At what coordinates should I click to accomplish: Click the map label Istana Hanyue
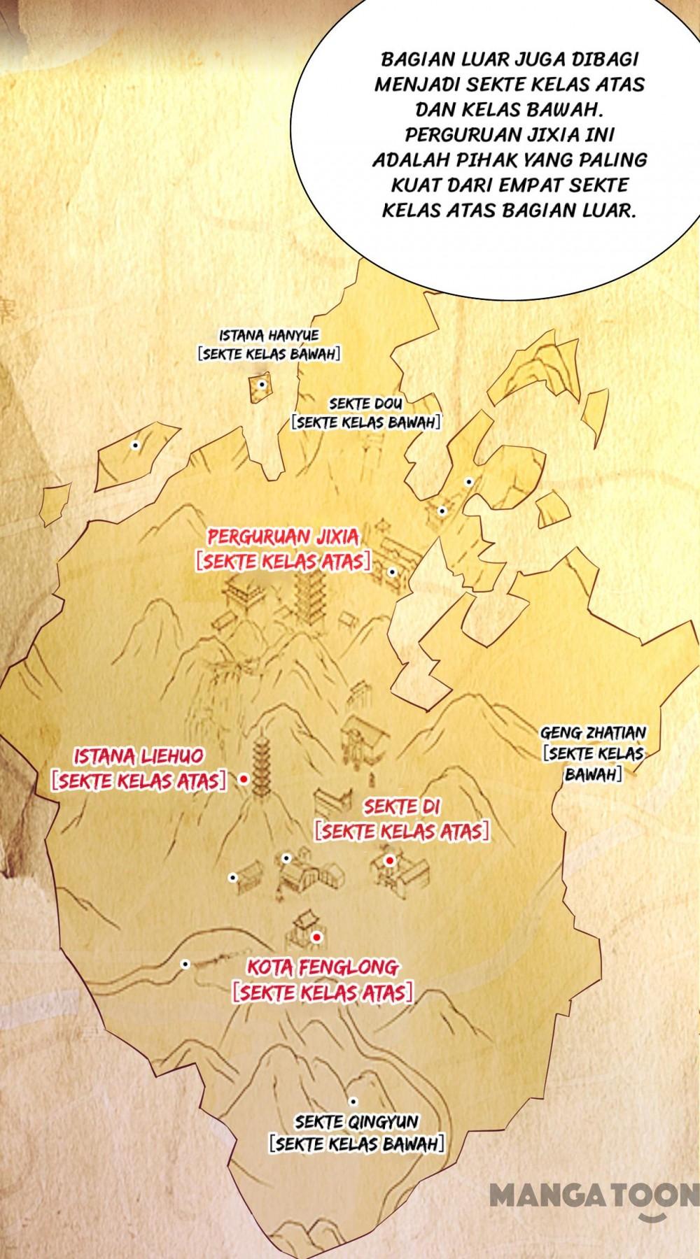click(269, 336)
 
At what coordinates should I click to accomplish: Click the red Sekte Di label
click(402, 807)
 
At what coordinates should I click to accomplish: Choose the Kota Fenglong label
click(323, 968)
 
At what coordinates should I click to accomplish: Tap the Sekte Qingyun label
click(356, 1122)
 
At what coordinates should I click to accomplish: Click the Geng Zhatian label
click(593, 734)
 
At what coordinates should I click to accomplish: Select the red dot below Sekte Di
click(389, 860)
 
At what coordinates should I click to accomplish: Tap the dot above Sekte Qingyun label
click(353, 1101)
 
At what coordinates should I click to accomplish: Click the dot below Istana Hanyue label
click(261, 384)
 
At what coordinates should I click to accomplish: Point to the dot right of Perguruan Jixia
click(392, 571)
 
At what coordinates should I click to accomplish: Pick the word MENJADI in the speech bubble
click(408, 84)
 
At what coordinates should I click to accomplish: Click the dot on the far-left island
click(135, 445)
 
